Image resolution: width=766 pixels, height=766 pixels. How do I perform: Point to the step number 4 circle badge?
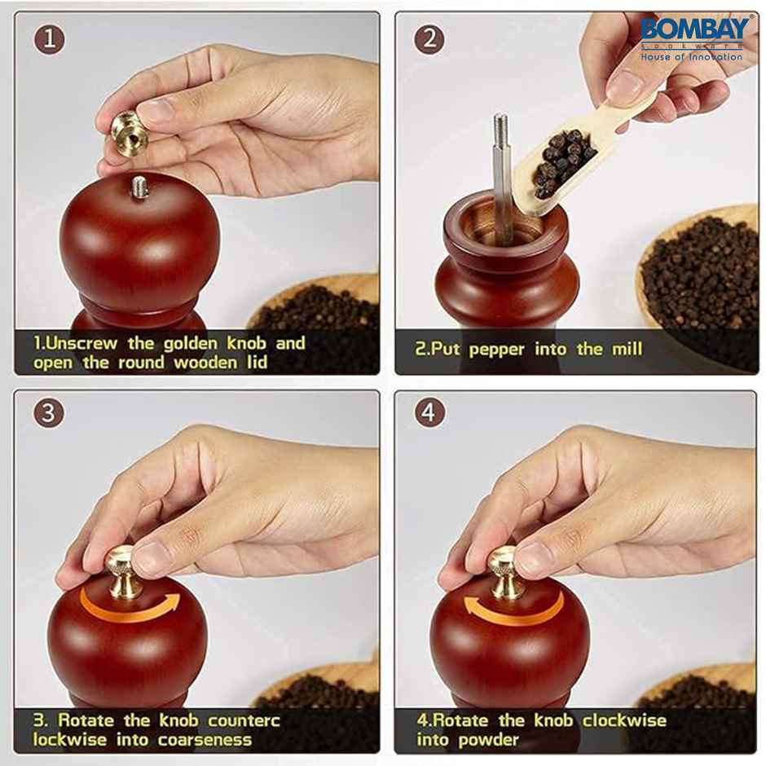click(429, 413)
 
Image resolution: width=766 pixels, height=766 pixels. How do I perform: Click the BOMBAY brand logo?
click(693, 31)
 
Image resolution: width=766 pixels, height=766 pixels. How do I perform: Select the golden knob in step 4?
click(505, 570)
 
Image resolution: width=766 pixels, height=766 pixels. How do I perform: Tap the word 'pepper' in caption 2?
click(497, 350)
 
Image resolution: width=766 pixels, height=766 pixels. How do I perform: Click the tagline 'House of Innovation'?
click(691, 57)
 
